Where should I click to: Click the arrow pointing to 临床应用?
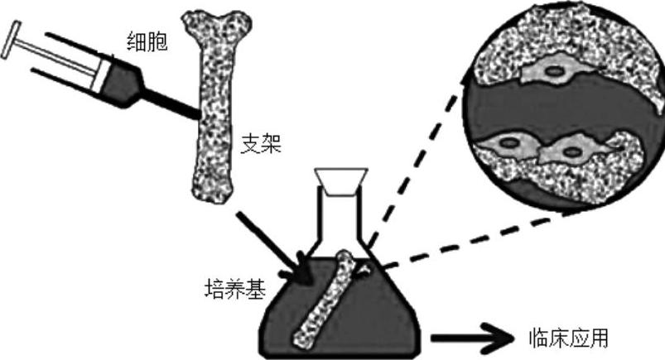(473, 338)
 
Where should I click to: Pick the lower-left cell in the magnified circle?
(505, 149)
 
